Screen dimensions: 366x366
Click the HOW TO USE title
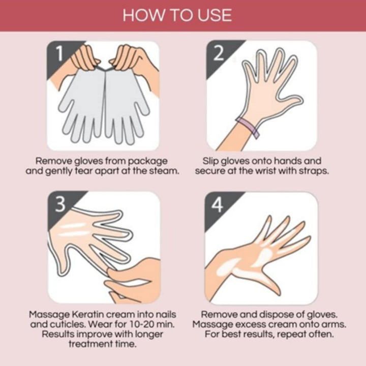(x=177, y=15)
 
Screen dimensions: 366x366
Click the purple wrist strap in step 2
(x=248, y=127)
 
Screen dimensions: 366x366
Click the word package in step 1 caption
(x=148, y=161)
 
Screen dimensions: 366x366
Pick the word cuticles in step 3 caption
(x=64, y=324)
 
